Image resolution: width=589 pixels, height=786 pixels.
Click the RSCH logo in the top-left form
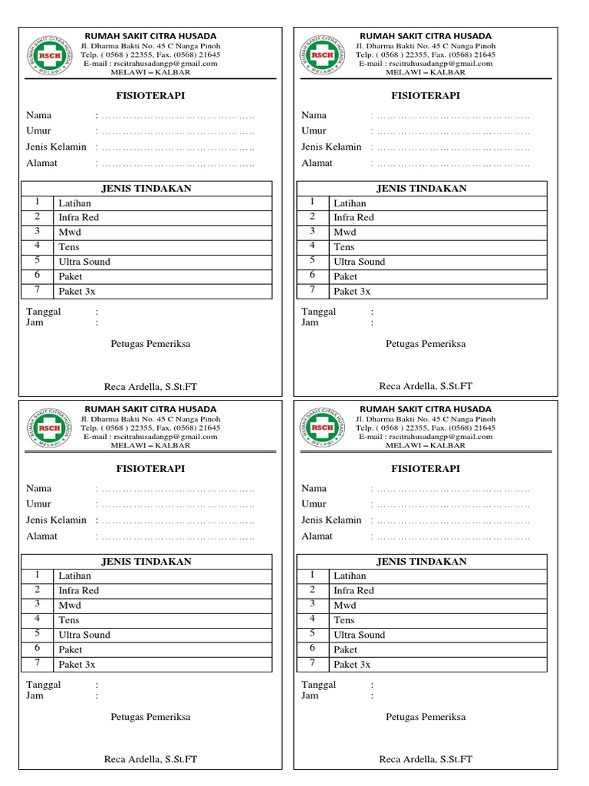click(48, 54)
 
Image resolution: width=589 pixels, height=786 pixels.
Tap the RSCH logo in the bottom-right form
click(323, 428)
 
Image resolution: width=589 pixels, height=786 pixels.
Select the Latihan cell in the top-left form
click(74, 203)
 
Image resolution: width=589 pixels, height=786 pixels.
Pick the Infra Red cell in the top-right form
click(354, 218)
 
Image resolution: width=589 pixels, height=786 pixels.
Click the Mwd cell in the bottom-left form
click(69, 605)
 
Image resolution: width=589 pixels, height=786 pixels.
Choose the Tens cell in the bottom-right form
click(344, 619)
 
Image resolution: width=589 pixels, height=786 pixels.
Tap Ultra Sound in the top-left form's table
click(84, 262)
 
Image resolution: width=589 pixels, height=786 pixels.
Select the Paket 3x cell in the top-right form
click(352, 291)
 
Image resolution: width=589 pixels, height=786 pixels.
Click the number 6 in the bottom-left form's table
click(37, 649)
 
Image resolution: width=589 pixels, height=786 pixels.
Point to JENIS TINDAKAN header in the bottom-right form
click(421, 561)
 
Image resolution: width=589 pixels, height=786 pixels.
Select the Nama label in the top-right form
click(314, 115)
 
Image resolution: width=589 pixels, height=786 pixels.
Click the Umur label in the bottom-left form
click(38, 504)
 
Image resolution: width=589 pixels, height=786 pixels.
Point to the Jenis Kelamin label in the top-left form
click(56, 147)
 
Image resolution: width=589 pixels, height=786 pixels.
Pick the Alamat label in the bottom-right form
click(318, 536)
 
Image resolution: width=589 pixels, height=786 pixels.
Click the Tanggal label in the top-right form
click(319, 312)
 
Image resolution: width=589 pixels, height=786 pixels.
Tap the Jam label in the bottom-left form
click(35, 695)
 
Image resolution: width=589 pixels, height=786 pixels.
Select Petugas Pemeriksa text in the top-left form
click(150, 344)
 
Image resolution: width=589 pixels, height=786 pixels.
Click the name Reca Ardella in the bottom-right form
click(426, 759)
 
